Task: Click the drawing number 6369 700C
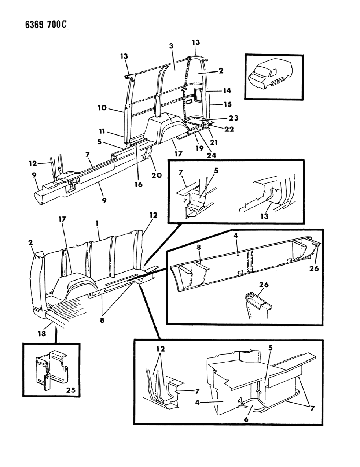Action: click(36, 25)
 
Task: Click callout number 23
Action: click(234, 118)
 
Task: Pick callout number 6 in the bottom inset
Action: click(246, 419)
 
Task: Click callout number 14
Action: click(227, 90)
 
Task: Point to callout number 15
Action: click(227, 104)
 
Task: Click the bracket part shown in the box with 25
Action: click(51, 368)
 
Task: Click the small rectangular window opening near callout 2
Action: click(198, 96)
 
